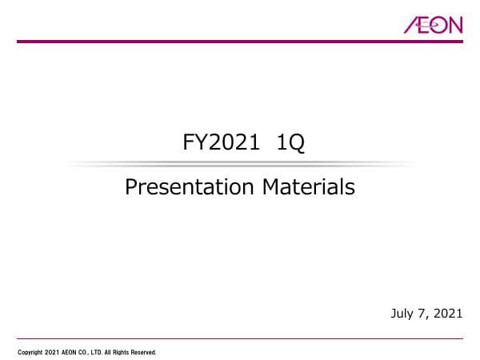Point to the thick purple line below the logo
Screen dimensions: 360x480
240,42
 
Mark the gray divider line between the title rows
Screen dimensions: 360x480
240,164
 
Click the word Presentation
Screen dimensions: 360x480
190,188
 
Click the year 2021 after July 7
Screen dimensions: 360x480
446,314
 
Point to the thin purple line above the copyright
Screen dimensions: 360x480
240,338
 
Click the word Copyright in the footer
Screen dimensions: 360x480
30,352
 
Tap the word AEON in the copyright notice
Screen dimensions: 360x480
70,352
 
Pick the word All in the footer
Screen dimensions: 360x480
113,352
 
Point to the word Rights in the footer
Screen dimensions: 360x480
126,352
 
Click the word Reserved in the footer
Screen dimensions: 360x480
146,352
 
